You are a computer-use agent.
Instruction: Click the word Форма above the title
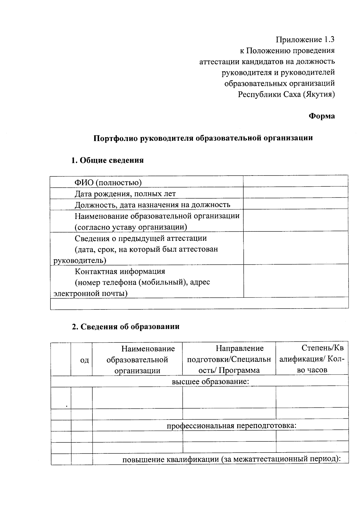(322, 116)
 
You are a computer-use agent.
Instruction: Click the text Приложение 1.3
(305, 40)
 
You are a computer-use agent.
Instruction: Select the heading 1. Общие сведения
(107, 160)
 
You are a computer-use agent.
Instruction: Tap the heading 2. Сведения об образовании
(125, 327)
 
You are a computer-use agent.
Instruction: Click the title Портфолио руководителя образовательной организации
(203, 138)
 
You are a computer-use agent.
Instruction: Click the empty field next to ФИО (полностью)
(295, 182)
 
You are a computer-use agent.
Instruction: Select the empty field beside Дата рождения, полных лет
(295, 193)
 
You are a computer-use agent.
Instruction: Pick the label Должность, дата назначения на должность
(152, 205)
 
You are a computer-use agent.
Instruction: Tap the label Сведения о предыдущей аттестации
(140, 238)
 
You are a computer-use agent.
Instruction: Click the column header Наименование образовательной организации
(137, 359)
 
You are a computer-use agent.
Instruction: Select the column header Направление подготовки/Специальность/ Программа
(229, 359)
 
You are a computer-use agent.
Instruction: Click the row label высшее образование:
(210, 381)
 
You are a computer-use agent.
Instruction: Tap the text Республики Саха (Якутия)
(286, 95)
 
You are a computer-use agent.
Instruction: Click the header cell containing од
(84, 360)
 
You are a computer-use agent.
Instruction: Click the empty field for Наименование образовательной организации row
(295, 221)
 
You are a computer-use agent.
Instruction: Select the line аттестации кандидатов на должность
(267, 62)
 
